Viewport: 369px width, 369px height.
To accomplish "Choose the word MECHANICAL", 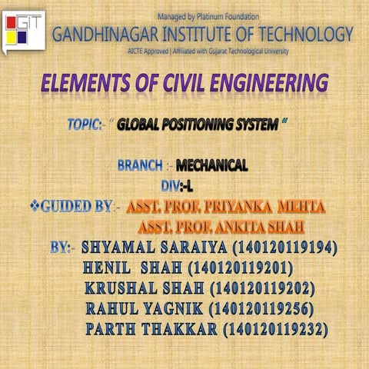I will click(x=212, y=165).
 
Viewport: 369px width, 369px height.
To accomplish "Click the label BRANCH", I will click(x=141, y=165).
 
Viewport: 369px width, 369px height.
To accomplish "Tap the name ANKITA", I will click(x=236, y=227).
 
